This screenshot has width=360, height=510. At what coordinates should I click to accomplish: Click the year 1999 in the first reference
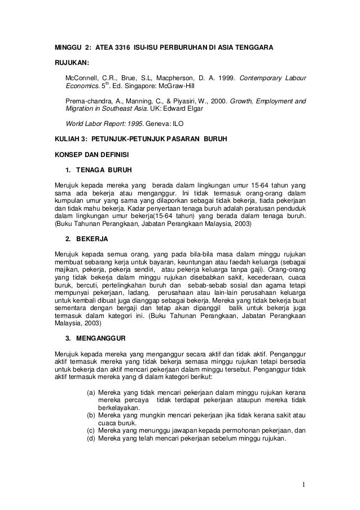point(226,77)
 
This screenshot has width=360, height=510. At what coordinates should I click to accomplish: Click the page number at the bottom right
point(304,484)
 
